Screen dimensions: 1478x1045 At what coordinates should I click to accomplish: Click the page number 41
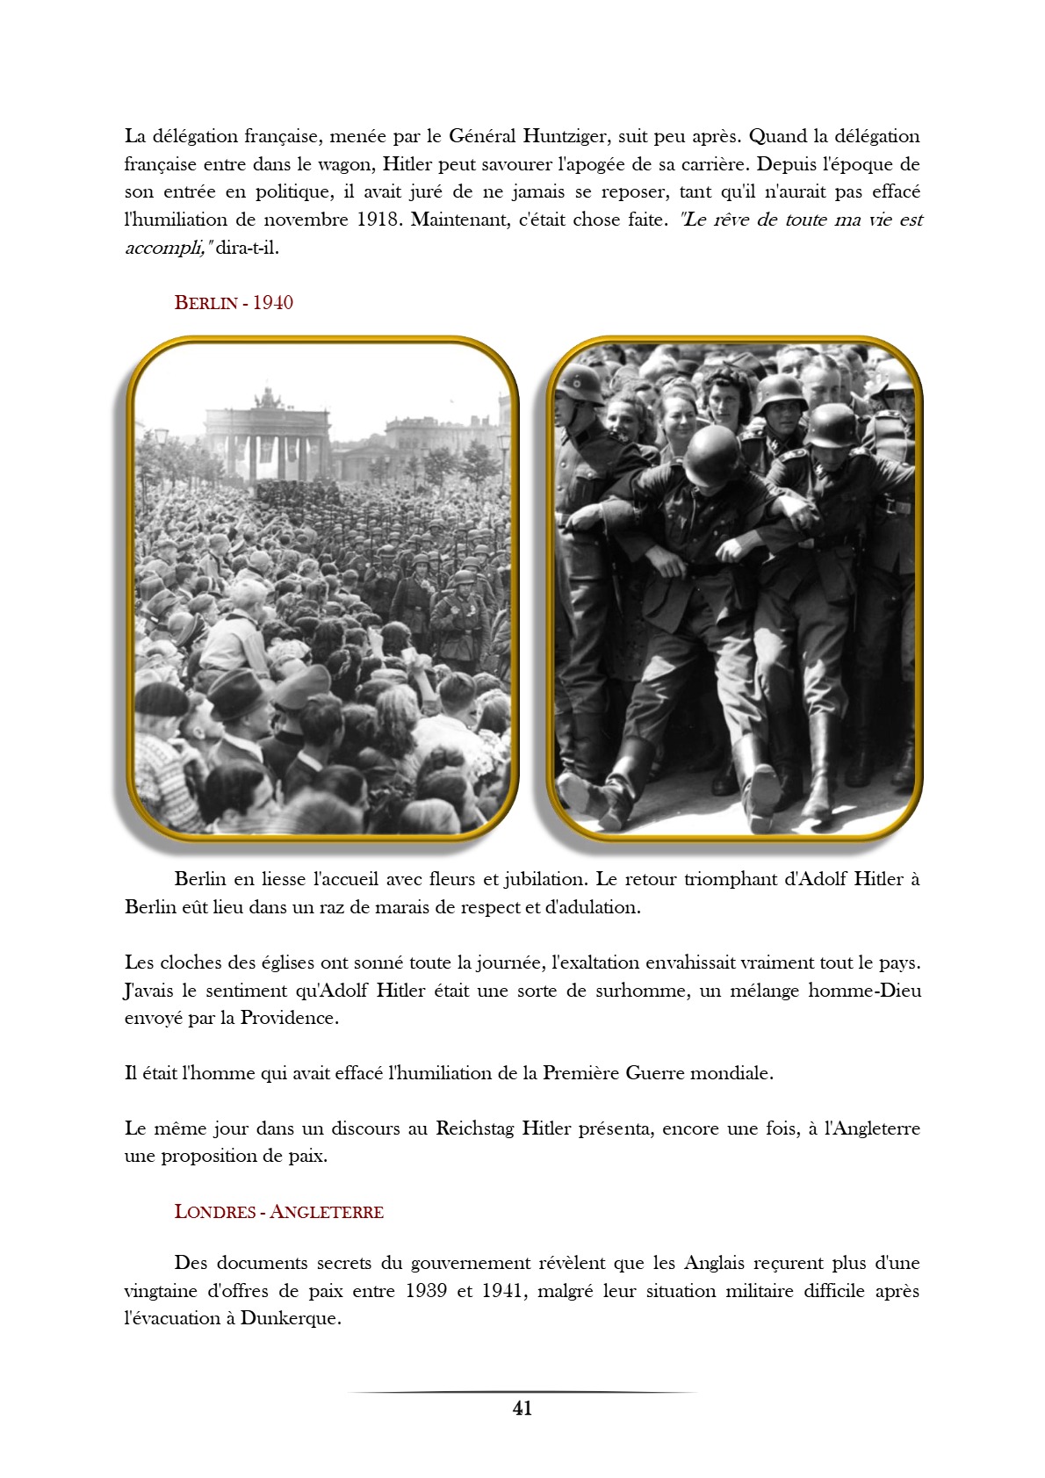[x=522, y=1409]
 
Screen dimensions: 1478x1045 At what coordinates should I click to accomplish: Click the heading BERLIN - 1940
[x=234, y=303]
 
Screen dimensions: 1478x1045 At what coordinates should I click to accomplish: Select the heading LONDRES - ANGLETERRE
[x=279, y=1212]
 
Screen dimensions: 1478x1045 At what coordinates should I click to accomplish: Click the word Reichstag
[x=476, y=1128]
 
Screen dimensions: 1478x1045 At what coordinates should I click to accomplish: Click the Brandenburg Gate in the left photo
[x=267, y=439]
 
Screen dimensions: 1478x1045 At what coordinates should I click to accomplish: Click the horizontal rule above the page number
[x=522, y=1392]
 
